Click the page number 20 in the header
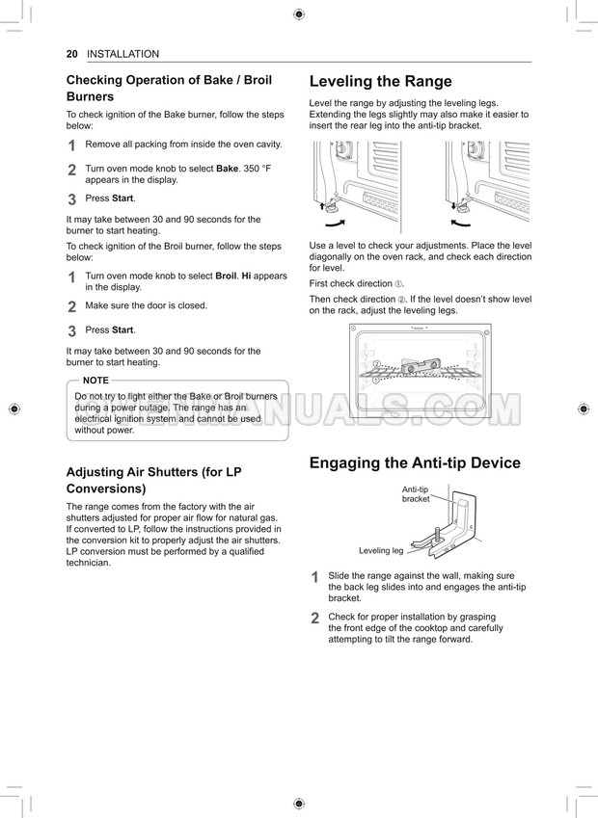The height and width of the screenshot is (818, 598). point(71,54)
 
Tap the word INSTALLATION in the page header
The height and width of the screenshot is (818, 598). point(122,54)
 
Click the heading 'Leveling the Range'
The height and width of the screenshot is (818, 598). point(380,81)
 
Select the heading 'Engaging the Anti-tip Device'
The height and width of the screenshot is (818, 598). point(415,462)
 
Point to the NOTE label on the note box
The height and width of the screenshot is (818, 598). point(95,381)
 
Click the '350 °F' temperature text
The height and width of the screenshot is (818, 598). point(258,168)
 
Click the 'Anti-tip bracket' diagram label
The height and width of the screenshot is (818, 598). point(416,494)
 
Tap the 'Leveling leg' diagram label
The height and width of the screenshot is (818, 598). point(381,551)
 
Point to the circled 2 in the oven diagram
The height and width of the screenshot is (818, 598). point(377,364)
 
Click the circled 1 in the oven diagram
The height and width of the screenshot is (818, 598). point(376,381)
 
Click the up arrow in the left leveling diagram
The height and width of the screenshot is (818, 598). point(320,205)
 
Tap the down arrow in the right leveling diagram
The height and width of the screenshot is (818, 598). point(453,205)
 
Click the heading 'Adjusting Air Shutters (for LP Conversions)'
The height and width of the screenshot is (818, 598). point(153,480)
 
